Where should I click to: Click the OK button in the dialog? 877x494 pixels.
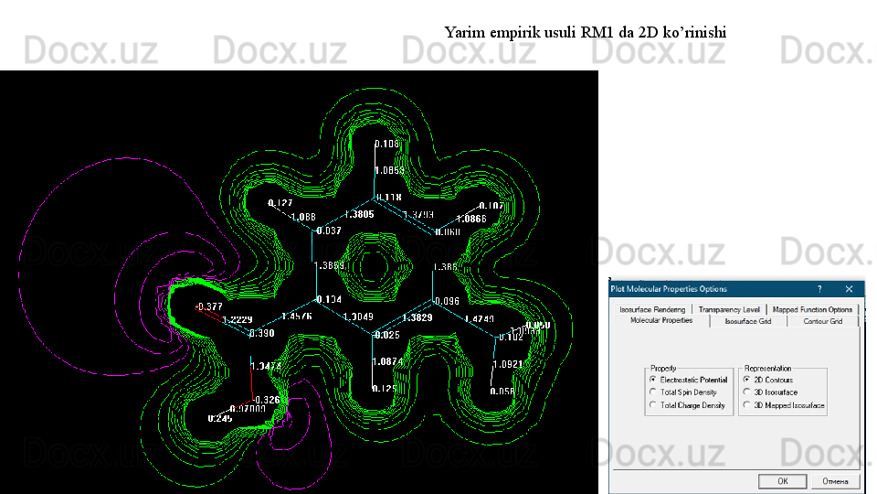click(783, 482)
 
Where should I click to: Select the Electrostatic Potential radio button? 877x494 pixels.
click(652, 380)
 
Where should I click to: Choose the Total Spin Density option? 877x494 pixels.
click(652, 392)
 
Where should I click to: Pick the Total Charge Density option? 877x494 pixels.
click(652, 405)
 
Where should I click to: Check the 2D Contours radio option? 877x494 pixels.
click(746, 380)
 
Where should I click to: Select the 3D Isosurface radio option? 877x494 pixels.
click(746, 392)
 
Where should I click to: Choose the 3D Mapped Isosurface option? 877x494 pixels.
click(746, 405)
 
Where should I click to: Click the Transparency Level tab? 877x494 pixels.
click(728, 310)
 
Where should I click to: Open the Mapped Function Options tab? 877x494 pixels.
click(812, 310)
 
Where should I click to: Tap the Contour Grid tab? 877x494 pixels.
click(823, 321)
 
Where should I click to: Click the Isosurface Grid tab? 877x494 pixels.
click(748, 321)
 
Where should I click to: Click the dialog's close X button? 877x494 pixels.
click(850, 289)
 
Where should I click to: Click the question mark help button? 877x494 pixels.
click(819, 289)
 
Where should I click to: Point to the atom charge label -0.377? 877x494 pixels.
click(209, 306)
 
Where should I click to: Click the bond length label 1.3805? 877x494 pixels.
click(359, 214)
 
